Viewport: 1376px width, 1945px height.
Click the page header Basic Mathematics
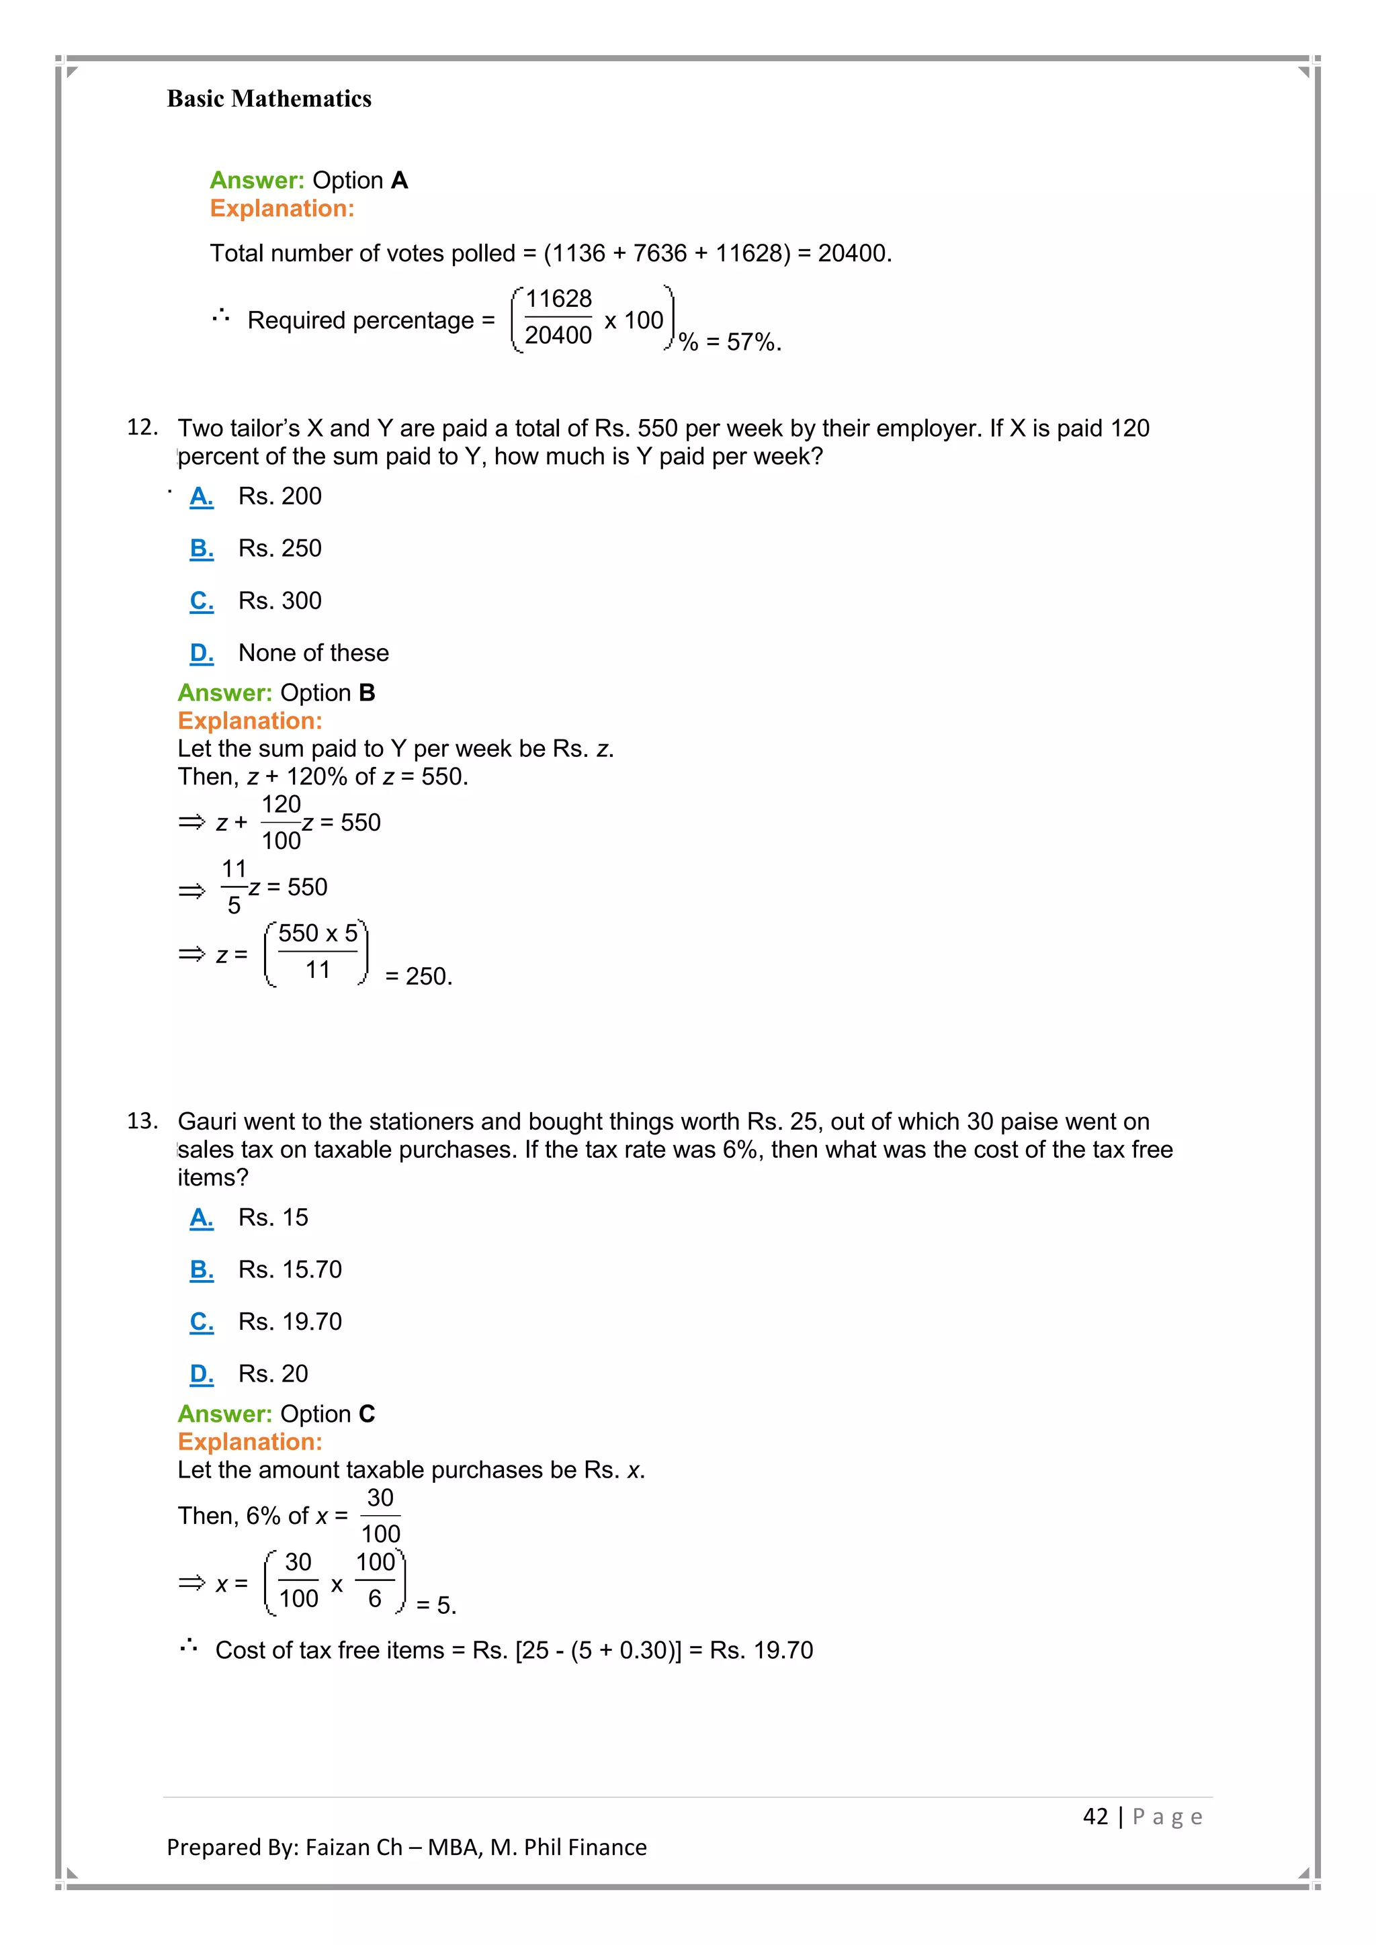coord(269,99)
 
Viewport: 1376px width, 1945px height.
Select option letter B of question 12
coord(201,549)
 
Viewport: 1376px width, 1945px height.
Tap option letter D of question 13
coord(201,1373)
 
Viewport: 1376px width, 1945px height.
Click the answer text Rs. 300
coord(279,600)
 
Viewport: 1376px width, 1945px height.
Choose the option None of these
coord(314,653)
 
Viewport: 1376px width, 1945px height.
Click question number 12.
coord(142,427)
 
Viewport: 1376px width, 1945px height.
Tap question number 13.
coord(142,1121)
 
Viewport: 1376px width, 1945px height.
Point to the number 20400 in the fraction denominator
coord(558,335)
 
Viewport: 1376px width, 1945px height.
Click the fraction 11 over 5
coord(234,887)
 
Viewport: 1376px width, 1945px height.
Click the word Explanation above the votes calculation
coord(282,208)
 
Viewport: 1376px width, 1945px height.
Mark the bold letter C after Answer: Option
coord(366,1414)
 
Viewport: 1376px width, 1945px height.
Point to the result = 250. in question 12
coord(419,977)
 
